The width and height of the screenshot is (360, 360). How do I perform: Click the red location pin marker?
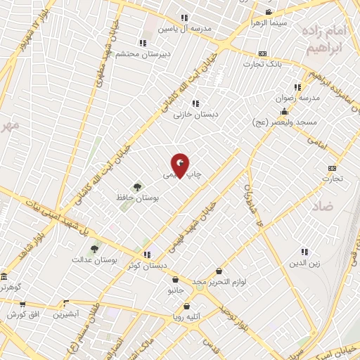[181, 165]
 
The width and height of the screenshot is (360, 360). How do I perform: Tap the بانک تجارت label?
[262, 64]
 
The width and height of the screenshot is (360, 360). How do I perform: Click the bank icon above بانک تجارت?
[262, 53]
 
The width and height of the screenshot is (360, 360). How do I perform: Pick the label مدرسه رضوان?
[300, 98]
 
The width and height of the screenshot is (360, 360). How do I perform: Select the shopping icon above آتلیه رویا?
[186, 306]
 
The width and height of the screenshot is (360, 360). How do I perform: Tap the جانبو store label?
[175, 289]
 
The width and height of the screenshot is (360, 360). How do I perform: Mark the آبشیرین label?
[66, 314]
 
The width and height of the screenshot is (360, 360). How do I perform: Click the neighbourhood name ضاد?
[326, 206]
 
